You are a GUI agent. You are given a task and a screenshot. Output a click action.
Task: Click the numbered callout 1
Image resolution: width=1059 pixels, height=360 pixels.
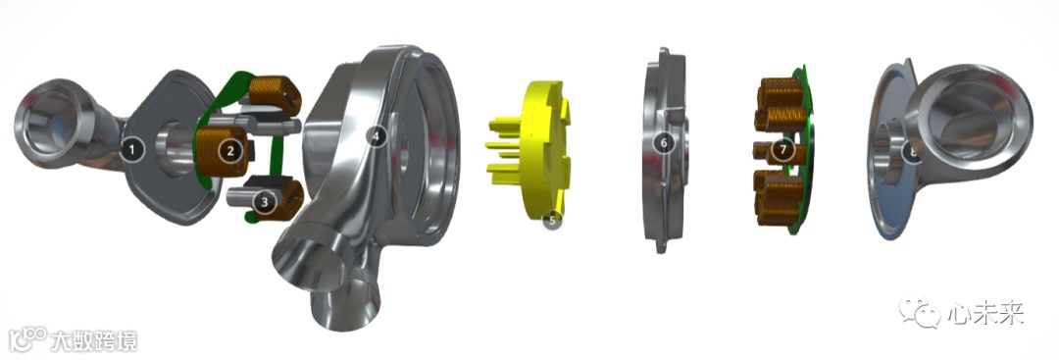pyautogui.click(x=132, y=150)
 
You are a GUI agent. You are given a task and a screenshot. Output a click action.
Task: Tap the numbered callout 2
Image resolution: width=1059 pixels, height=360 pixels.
pyautogui.click(x=230, y=151)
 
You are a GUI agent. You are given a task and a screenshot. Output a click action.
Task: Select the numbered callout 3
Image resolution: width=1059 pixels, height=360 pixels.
pyautogui.click(x=265, y=201)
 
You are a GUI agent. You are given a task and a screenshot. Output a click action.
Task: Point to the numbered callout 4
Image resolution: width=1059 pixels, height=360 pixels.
pyautogui.click(x=377, y=137)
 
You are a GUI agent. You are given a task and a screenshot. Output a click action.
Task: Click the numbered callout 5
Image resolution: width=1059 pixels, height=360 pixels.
pyautogui.click(x=552, y=220)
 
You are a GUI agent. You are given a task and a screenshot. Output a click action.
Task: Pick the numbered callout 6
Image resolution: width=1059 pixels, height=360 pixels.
pyautogui.click(x=664, y=142)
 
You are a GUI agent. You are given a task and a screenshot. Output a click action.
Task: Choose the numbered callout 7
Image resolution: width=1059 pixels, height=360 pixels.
pyautogui.click(x=782, y=148)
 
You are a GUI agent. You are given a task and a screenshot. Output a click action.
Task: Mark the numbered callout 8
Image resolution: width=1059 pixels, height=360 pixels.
pyautogui.click(x=913, y=152)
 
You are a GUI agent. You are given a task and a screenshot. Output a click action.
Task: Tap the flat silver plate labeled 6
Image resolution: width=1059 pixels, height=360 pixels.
pyautogui.click(x=663, y=149)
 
